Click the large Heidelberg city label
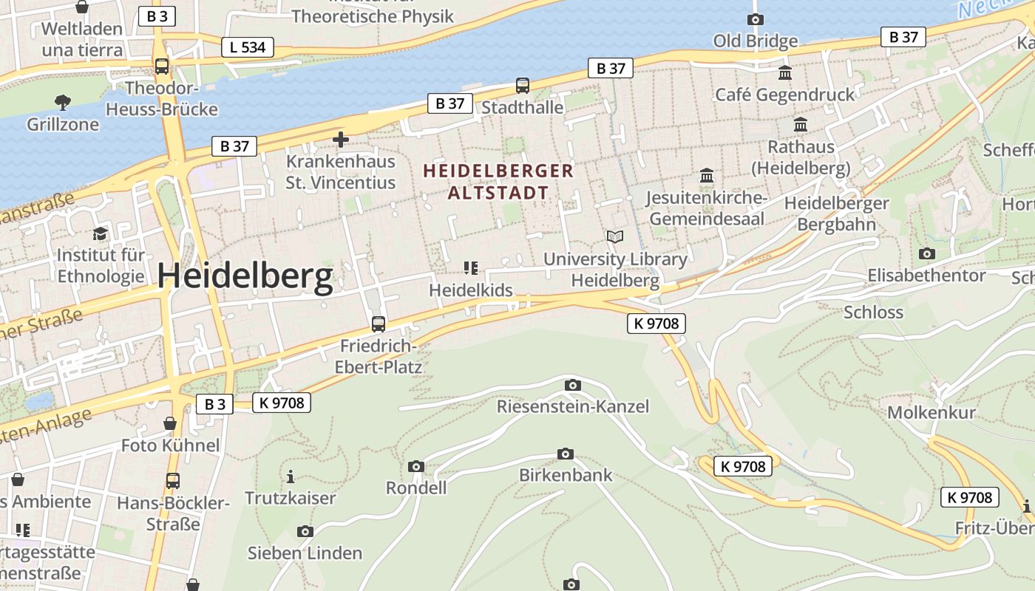click(245, 276)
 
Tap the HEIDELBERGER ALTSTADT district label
click(498, 182)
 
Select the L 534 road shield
click(248, 48)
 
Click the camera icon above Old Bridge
click(755, 20)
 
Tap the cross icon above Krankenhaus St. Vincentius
click(340, 139)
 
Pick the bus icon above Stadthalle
click(523, 86)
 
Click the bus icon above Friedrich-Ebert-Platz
click(378, 324)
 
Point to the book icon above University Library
click(615, 237)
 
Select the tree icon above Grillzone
click(63, 102)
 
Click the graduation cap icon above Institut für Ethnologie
click(100, 234)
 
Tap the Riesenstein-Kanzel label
click(572, 406)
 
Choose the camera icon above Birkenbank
click(566, 454)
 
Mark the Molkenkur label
click(931, 412)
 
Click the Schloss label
click(873, 312)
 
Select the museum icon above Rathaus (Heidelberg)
click(801, 125)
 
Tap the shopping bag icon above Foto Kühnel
click(170, 424)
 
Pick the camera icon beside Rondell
click(416, 466)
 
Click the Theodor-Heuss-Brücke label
click(162, 99)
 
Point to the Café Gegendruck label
click(784, 95)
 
